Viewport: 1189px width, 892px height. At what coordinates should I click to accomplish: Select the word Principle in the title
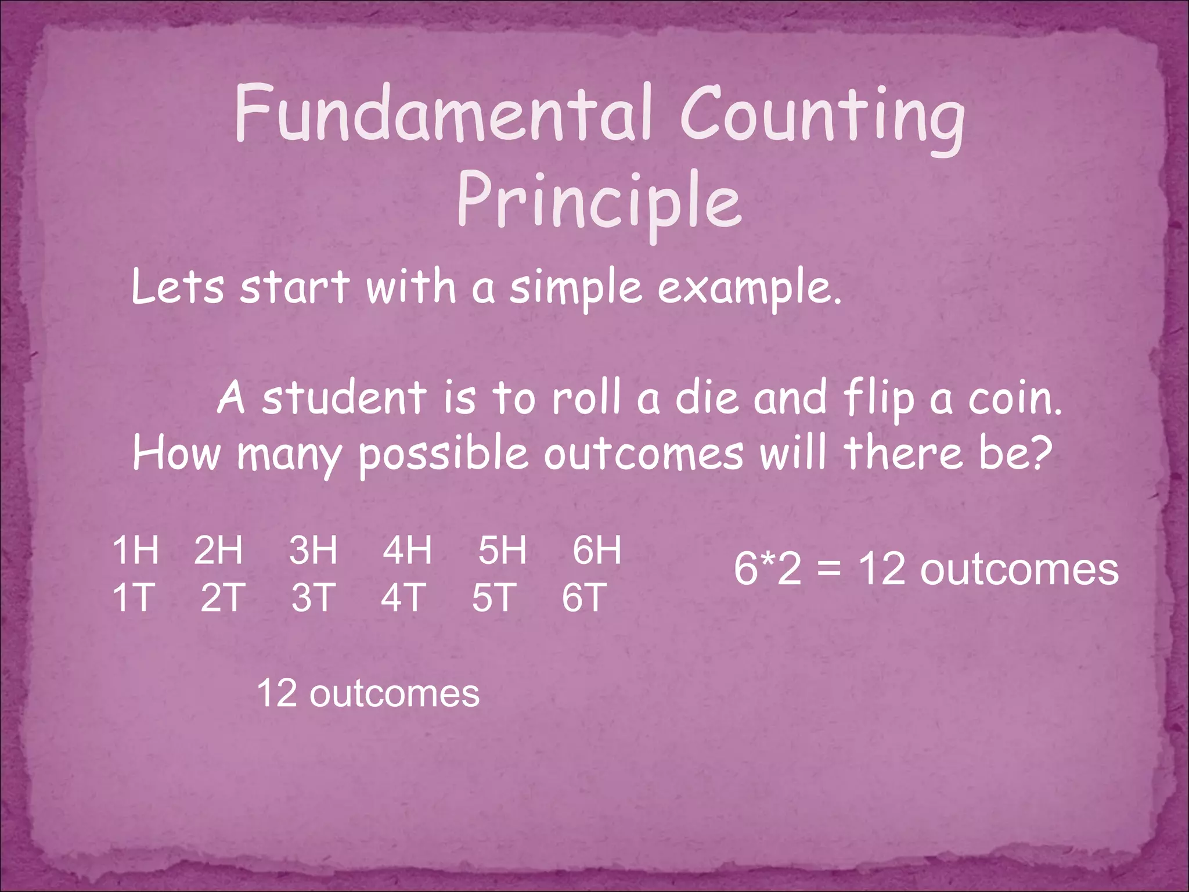pyautogui.click(x=599, y=201)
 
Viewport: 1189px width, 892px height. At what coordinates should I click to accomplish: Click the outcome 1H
pyautogui.click(x=135, y=550)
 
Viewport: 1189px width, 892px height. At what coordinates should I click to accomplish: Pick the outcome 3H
pyautogui.click(x=313, y=550)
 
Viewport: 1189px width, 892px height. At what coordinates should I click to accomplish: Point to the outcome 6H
pyautogui.click(x=597, y=550)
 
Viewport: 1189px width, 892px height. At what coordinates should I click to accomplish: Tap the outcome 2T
pyautogui.click(x=223, y=598)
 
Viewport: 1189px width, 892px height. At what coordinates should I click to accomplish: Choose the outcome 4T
pyautogui.click(x=403, y=598)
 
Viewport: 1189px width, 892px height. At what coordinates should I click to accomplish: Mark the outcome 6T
pyautogui.click(x=584, y=598)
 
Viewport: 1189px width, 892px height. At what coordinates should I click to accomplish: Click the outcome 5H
pyautogui.click(x=502, y=550)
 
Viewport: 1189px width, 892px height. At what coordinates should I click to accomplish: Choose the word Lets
pyautogui.click(x=178, y=287)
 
